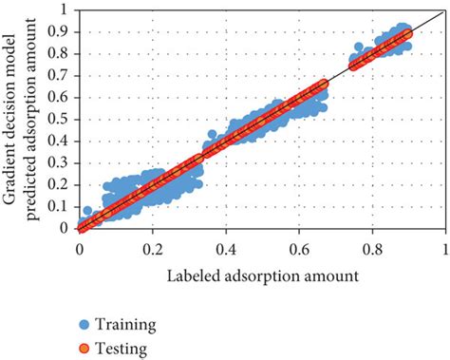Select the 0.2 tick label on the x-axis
coord(153,246)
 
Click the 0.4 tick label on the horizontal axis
coord(226,246)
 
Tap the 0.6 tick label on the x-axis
coord(299,246)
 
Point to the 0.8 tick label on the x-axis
coord(372,246)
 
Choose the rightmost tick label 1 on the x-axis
coord(444,246)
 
